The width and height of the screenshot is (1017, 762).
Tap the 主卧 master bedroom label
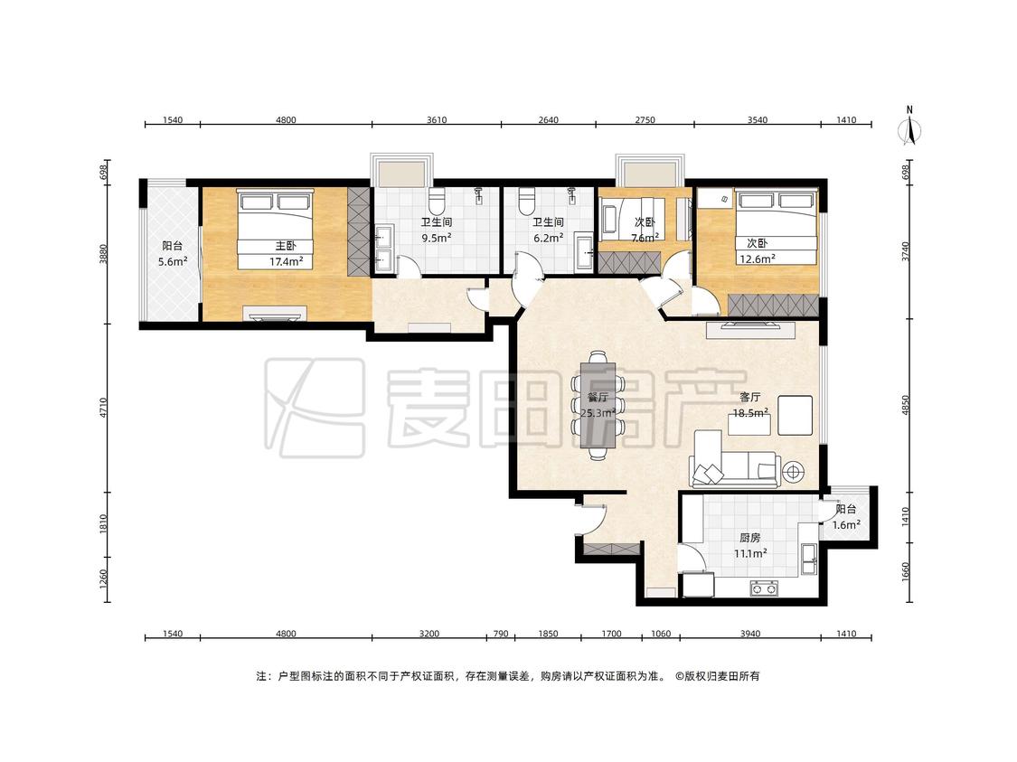[286, 246]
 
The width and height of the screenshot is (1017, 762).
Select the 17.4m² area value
[286, 262]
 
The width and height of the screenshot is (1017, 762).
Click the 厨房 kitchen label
[749, 538]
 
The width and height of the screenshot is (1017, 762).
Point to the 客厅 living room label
[749, 397]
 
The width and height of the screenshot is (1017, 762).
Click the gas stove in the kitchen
[764, 588]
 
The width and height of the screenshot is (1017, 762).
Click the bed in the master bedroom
[275, 229]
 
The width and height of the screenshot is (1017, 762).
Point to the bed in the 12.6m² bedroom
[775, 227]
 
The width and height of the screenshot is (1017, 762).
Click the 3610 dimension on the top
[437, 119]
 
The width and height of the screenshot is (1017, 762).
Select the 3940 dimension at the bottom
[749, 634]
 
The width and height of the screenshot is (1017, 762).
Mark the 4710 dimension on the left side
[103, 408]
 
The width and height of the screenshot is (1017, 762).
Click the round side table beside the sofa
[793, 472]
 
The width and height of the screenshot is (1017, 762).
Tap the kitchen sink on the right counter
[809, 559]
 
